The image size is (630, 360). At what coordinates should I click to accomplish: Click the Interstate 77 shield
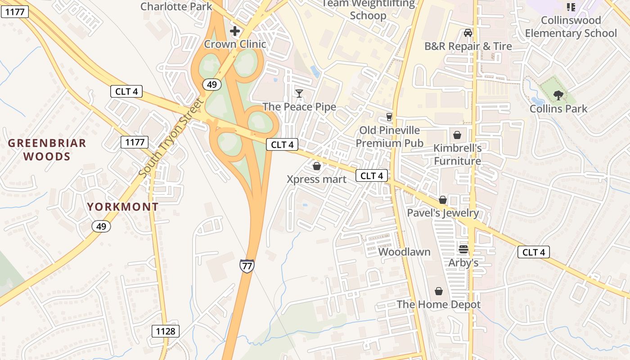pyautogui.click(x=247, y=265)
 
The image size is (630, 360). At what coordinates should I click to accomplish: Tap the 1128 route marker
pyautogui.click(x=166, y=331)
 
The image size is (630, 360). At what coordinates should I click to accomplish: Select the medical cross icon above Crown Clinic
pyautogui.click(x=234, y=31)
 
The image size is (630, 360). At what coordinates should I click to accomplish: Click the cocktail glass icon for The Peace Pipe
pyautogui.click(x=299, y=93)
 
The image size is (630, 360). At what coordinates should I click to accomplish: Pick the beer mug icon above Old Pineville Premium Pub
pyautogui.click(x=389, y=117)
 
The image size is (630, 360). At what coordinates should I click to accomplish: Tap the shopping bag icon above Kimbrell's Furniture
pyautogui.click(x=457, y=135)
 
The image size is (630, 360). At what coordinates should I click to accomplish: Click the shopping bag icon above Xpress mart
pyautogui.click(x=317, y=166)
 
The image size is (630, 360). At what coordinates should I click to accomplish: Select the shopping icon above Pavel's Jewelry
pyautogui.click(x=443, y=200)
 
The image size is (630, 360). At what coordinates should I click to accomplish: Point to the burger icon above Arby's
pyautogui.click(x=463, y=249)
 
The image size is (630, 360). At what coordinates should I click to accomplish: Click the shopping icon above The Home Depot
pyautogui.click(x=438, y=292)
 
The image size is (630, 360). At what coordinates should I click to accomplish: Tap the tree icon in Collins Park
pyautogui.click(x=558, y=95)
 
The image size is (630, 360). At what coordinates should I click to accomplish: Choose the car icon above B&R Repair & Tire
pyautogui.click(x=468, y=33)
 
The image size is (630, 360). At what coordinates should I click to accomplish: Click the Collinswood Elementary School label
pyautogui.click(x=571, y=27)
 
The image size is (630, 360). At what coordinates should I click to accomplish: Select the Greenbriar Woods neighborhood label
pyautogui.click(x=47, y=150)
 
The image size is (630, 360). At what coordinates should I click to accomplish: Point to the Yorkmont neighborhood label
pyautogui.click(x=123, y=207)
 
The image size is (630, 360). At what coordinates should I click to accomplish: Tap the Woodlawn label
pyautogui.click(x=405, y=252)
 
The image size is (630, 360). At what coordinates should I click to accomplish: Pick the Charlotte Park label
pyautogui.click(x=176, y=6)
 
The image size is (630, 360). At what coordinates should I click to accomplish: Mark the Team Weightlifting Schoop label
pyautogui.click(x=368, y=10)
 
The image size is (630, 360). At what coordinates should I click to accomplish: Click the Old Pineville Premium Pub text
pyautogui.click(x=390, y=137)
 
